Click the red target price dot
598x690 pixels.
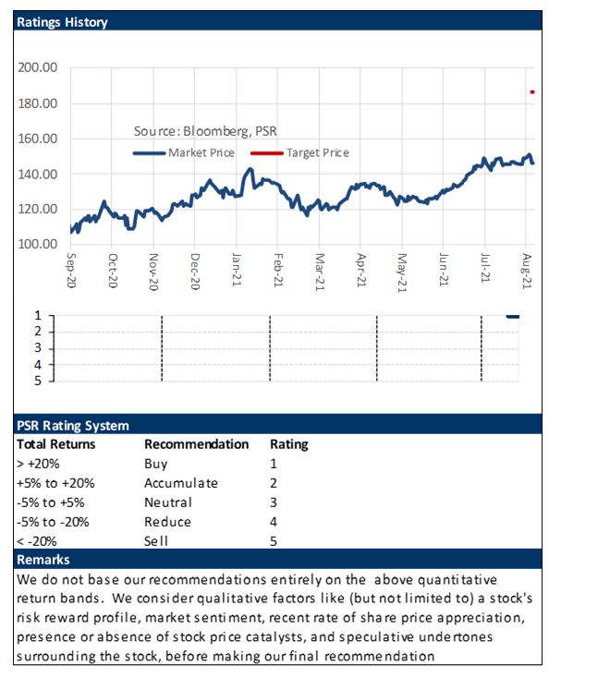532,92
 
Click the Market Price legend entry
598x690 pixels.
184,152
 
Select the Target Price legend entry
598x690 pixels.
299,152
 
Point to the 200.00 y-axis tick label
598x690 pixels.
37,67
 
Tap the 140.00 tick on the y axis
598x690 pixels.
37,175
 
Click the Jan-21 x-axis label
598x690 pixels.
237,270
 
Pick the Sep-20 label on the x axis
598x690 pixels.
71,271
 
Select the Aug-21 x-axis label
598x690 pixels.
527,271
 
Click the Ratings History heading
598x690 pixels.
62,22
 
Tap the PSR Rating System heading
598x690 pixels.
73,426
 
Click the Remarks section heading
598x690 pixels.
43,560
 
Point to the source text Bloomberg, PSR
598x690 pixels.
230,131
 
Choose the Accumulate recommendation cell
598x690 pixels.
181,483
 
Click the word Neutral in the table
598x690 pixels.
168,502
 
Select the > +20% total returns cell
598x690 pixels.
38,464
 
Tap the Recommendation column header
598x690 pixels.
196,444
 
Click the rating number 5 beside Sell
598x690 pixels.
274,541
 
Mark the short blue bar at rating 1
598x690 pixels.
513,317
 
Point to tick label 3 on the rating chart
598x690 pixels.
38,348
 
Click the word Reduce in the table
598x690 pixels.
168,522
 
